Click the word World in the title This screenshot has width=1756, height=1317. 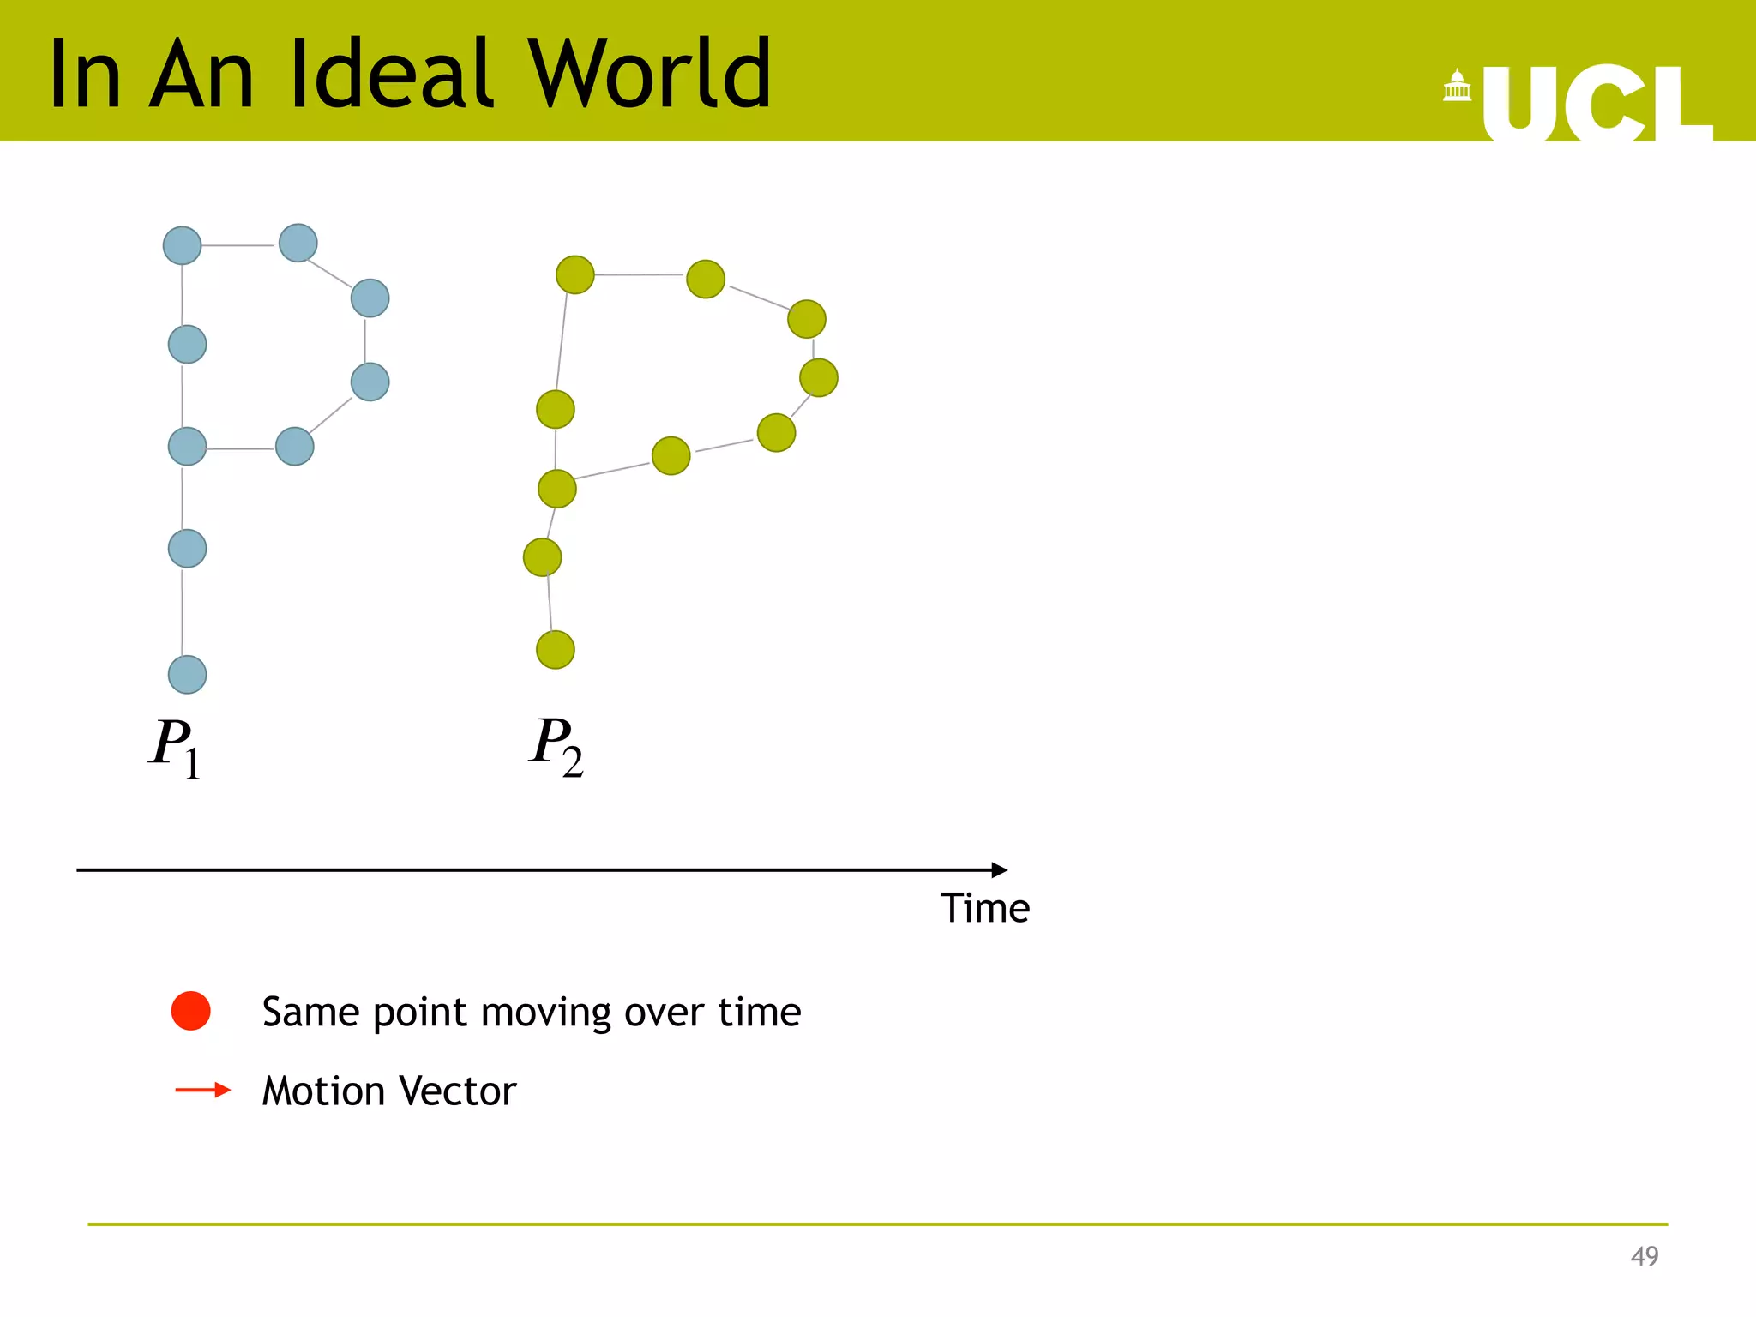click(x=649, y=75)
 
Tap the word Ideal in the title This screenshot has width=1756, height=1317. click(x=394, y=75)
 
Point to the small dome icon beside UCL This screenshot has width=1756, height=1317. click(x=1457, y=86)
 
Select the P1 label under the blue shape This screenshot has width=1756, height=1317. click(x=175, y=747)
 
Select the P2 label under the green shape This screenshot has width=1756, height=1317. click(x=556, y=745)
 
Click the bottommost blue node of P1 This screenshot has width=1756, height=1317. click(x=187, y=674)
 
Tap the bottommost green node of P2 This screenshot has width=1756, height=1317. click(x=556, y=649)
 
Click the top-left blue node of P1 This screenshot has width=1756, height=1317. click(x=182, y=246)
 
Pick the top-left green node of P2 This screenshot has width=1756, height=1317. click(x=574, y=274)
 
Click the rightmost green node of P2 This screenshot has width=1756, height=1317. click(x=818, y=377)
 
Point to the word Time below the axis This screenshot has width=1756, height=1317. click(x=984, y=908)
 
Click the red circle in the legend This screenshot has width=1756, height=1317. click(x=190, y=1011)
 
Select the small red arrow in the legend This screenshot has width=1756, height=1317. click(x=202, y=1090)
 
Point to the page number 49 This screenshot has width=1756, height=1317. click(x=1644, y=1256)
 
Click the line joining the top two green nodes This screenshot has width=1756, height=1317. click(x=639, y=274)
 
